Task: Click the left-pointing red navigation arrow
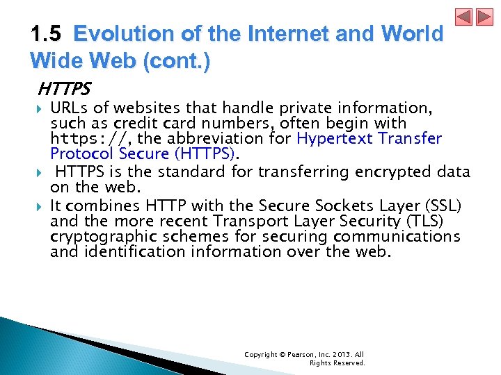tap(464, 17)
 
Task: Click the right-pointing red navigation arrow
tap(484, 17)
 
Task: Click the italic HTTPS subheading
tap(64, 90)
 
